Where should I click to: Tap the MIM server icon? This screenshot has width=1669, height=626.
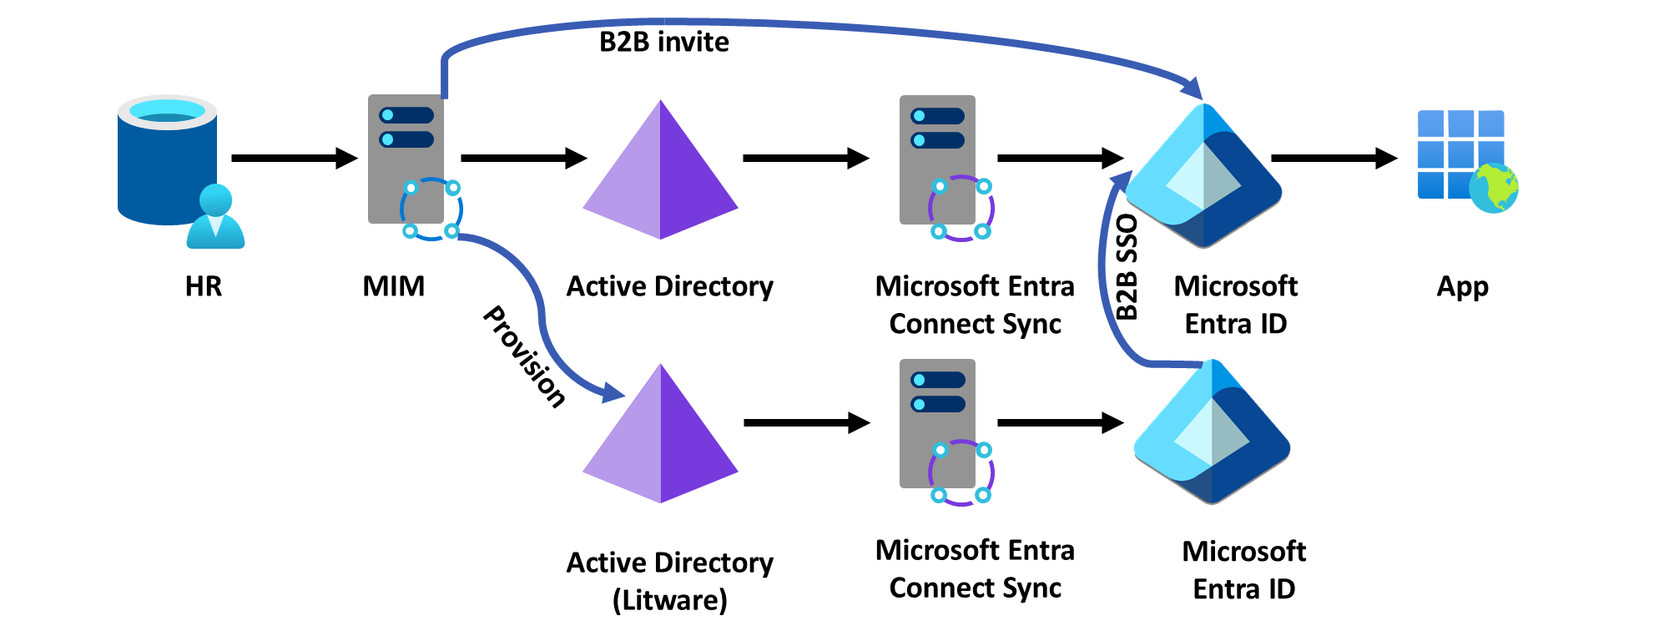click(x=406, y=159)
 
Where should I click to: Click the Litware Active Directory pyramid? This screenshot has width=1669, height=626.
click(x=660, y=437)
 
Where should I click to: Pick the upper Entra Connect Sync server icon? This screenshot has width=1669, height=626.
click(x=937, y=159)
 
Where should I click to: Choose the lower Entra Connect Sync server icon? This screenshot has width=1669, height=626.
click(x=937, y=423)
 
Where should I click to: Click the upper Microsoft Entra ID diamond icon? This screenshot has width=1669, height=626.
click(x=1203, y=175)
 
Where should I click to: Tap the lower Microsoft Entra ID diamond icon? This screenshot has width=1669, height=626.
click(x=1212, y=432)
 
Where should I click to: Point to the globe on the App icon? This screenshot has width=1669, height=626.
click(x=1494, y=189)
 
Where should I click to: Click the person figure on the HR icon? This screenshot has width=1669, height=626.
click(x=215, y=217)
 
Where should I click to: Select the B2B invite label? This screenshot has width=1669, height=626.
click(x=664, y=42)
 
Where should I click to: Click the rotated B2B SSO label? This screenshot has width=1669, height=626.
click(x=1127, y=267)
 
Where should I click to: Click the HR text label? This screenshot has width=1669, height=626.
click(x=204, y=286)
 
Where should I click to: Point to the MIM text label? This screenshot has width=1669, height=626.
click(x=393, y=286)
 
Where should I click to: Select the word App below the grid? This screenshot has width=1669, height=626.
click(x=1462, y=286)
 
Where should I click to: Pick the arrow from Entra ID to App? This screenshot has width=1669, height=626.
click(x=1333, y=158)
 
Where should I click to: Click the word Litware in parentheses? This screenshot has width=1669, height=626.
click(x=670, y=600)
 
